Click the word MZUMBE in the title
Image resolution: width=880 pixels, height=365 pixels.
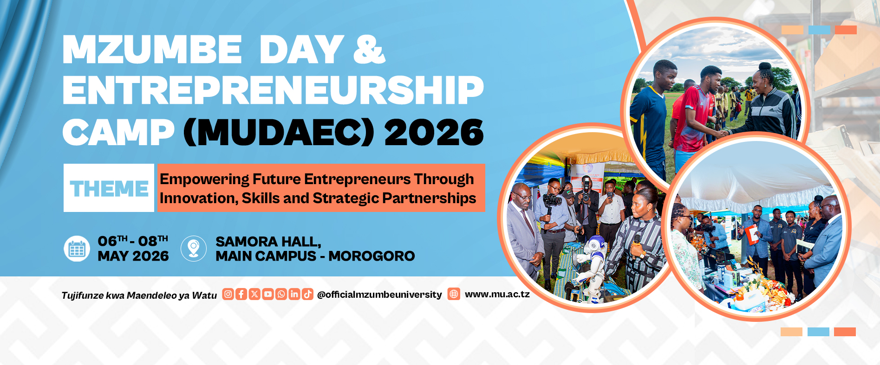click(152, 49)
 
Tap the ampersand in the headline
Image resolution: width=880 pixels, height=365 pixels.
click(369, 49)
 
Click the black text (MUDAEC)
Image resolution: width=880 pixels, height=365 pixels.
click(279, 133)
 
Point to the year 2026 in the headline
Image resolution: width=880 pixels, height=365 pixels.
click(434, 133)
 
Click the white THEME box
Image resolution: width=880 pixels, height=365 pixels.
click(109, 188)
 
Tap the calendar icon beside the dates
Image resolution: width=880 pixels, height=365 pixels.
click(77, 249)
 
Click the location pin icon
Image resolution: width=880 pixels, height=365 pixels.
click(194, 249)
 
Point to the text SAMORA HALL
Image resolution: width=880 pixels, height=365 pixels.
click(268, 242)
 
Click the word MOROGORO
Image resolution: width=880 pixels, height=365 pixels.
click(372, 256)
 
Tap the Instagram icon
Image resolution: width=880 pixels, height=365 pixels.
click(228, 294)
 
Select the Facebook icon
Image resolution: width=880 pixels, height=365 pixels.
click(241, 294)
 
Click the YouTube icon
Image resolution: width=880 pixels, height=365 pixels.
click(268, 294)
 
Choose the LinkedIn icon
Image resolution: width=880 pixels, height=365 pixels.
click(294, 294)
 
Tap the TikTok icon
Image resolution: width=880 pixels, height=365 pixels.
click(307, 294)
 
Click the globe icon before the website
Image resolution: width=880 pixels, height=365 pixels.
click(454, 294)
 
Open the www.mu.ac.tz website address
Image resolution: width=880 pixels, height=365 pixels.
click(497, 294)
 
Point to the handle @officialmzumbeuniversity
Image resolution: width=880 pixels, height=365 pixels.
click(379, 295)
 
